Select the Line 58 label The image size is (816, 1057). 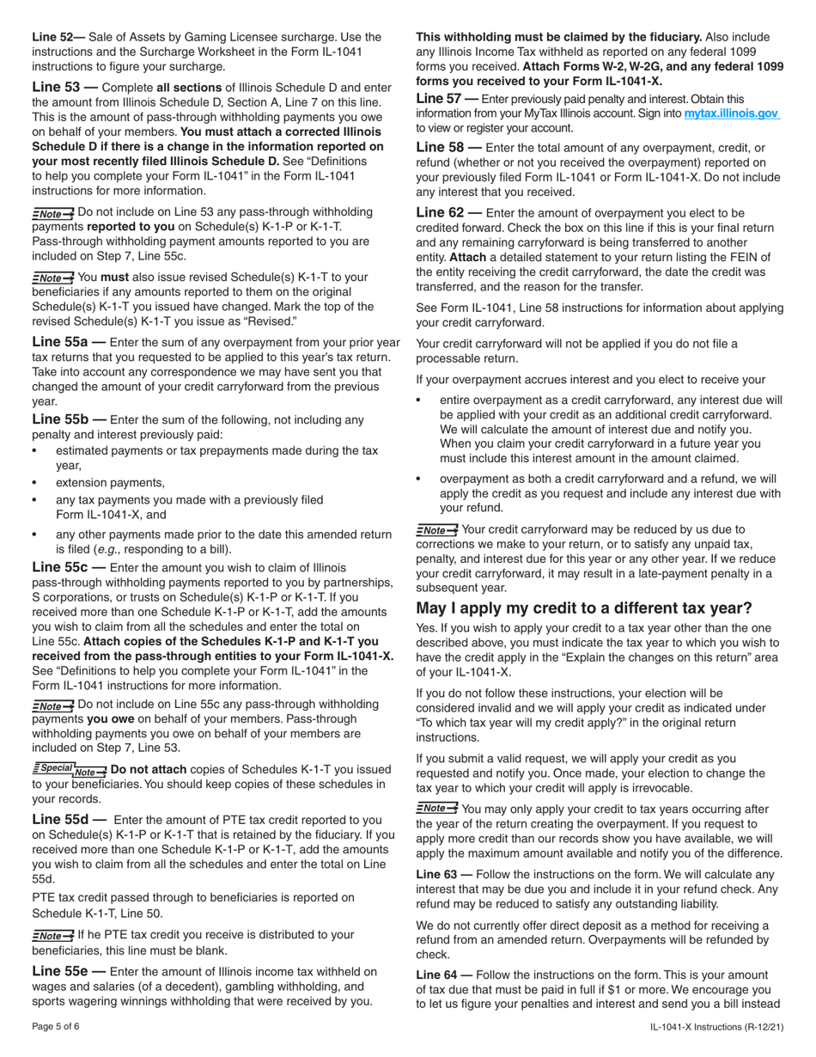pyautogui.click(x=443, y=148)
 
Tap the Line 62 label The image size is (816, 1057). pyautogui.click(x=443, y=211)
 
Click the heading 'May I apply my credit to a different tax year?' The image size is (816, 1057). pyautogui.click(x=584, y=608)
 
